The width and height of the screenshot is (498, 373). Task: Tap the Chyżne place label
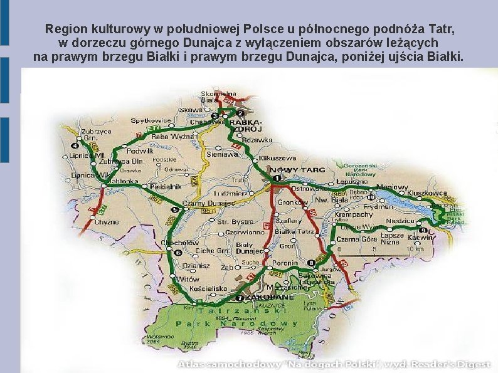(107, 221)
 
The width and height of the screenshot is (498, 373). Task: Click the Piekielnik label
(165, 187)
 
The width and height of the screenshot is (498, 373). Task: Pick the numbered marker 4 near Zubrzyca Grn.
(75, 146)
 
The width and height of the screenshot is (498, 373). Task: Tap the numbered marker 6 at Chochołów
(178, 253)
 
